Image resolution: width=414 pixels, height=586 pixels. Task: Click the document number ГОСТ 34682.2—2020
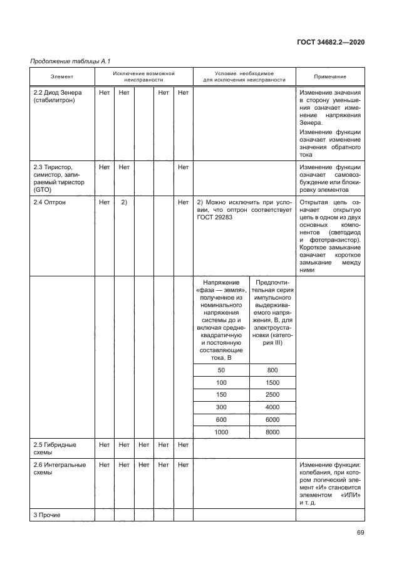330,42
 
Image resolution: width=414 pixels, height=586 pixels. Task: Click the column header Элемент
62,76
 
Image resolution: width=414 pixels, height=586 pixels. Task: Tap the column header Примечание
330,76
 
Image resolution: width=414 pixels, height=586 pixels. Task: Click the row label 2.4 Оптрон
49,202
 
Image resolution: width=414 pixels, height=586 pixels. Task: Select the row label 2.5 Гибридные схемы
54,448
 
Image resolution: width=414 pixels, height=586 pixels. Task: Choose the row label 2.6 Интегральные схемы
58,469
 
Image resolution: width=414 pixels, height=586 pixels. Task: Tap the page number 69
360,533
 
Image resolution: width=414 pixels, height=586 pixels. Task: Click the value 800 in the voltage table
272,370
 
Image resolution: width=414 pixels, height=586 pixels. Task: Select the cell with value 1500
272,382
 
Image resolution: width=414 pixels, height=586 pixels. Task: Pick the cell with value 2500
272,395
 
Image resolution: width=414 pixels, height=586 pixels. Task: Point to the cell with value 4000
272,407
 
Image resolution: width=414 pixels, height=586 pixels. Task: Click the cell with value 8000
272,432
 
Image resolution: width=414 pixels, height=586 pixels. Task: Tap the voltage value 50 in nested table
221,370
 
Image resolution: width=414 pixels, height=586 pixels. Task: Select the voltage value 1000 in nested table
221,432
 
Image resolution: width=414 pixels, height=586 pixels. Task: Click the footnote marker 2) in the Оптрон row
124,202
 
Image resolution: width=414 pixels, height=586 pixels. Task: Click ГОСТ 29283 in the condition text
215,219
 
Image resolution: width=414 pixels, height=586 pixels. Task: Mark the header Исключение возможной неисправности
143,76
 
